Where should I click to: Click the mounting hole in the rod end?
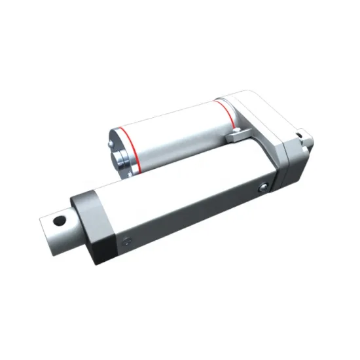point(61,219)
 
